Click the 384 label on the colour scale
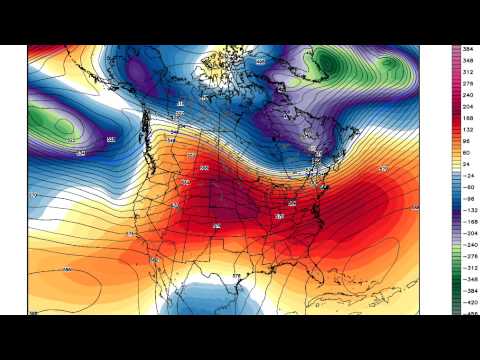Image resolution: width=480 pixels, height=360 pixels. coord(468,48)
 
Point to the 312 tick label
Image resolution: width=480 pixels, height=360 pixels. coord(468,72)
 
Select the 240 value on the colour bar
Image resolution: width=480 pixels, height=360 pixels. coord(468,96)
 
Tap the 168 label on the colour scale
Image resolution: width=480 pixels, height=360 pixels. coord(468,120)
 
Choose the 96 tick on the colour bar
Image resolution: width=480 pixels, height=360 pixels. coord(468,144)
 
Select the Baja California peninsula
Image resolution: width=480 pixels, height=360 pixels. coord(160,262)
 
